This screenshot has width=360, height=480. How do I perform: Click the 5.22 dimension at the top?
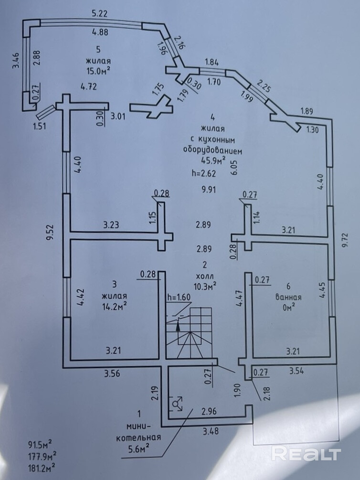[99, 14]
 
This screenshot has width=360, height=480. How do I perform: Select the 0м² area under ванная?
[288, 308]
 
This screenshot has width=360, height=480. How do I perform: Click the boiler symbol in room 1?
[178, 404]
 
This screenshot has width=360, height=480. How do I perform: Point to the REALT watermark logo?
[306, 453]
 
